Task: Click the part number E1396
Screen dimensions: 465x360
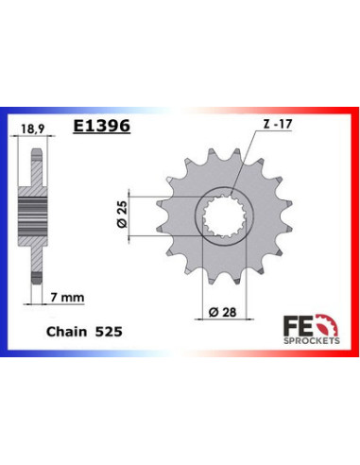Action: point(102,125)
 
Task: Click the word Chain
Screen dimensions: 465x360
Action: point(63,334)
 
